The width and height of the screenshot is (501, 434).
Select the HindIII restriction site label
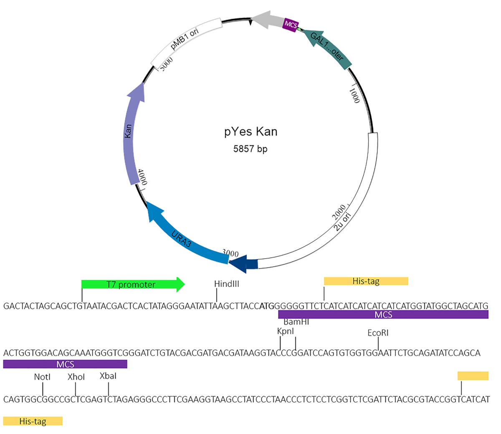click(227, 284)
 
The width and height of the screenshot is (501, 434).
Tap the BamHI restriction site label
click(296, 322)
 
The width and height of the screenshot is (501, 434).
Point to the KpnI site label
click(286, 331)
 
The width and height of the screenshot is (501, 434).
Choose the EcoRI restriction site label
click(378, 333)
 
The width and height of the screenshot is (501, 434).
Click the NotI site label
click(42, 377)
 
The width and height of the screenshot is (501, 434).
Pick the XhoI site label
click(76, 377)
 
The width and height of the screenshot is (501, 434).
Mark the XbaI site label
click(108, 376)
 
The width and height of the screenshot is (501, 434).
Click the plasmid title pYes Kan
click(250, 132)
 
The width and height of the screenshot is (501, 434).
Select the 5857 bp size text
click(250, 149)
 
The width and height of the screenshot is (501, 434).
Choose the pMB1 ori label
click(185, 39)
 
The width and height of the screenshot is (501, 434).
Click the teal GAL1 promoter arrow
click(328, 48)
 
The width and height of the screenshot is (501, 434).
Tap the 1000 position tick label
click(354, 95)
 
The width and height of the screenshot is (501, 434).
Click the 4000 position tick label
click(143, 177)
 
